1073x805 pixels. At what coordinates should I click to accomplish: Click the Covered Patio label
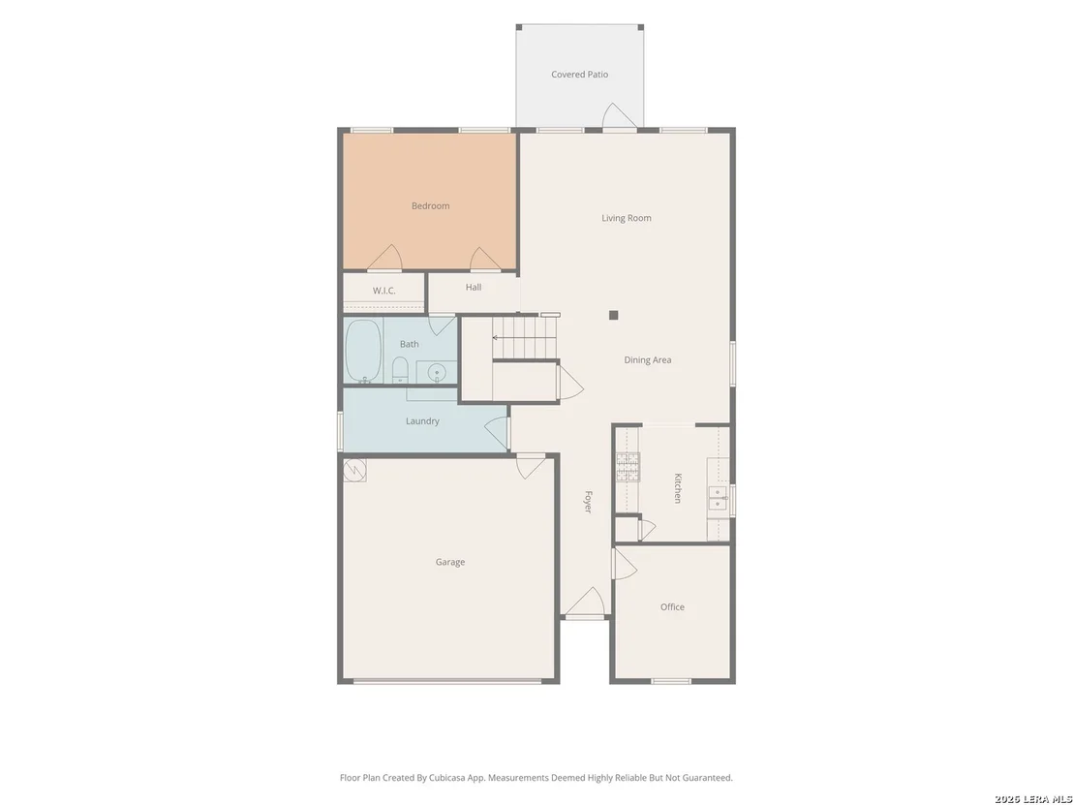580,74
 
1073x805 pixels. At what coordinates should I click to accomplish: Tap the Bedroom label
430,205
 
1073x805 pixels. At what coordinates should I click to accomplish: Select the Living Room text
627,218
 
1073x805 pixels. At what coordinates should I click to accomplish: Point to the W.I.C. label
383,291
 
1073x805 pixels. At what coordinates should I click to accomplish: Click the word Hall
474,287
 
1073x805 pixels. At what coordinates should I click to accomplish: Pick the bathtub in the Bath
363,351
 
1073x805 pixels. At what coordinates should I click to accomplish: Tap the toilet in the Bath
400,370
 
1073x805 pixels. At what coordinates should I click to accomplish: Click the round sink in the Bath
437,373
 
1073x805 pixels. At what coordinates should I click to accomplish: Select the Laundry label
422,421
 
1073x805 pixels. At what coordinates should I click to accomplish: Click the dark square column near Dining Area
614,315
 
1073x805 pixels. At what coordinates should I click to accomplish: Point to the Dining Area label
647,359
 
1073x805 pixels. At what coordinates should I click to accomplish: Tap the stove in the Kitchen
628,467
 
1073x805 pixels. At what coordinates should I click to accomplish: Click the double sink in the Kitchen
718,498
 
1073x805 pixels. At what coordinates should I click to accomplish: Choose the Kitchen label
678,488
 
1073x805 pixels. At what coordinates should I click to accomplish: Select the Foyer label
588,502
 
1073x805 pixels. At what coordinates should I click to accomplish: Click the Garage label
450,562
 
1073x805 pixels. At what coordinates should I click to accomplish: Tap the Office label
672,606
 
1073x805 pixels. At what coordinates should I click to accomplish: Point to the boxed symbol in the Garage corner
354,470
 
